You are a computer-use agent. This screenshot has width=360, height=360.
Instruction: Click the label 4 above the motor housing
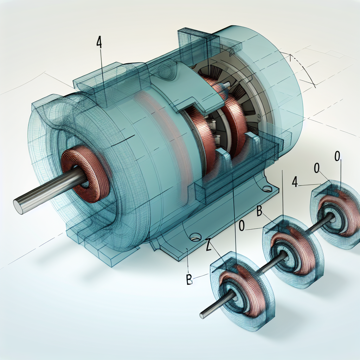99,41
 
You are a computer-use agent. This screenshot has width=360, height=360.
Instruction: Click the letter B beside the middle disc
261,212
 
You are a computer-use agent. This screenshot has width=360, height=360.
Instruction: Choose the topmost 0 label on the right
337,156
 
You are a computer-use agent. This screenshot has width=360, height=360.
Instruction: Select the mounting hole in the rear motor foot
267,189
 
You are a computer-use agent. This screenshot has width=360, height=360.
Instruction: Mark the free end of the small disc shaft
203,315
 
